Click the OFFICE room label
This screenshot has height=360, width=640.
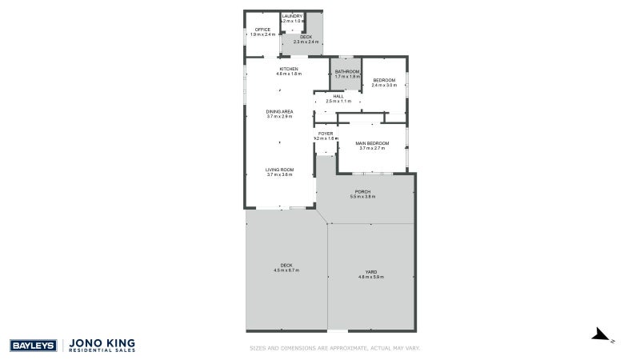[262, 30]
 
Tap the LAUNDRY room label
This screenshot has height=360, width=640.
[291, 16]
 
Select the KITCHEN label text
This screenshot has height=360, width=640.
[289, 69]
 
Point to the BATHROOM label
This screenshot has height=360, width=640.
[346, 72]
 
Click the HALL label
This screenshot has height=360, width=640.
[338, 96]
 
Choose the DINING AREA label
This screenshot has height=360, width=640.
[280, 111]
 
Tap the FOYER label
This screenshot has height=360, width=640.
[326, 134]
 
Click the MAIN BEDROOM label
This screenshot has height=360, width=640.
[373, 143]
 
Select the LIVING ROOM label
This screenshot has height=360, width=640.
[280, 169]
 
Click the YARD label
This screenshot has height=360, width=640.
[370, 272]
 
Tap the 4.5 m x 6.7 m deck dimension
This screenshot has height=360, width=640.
[286, 270]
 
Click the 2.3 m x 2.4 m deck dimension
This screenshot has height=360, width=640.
[306, 42]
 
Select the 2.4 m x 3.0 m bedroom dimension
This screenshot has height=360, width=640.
[384, 85]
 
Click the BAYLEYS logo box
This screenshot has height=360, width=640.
[32, 345]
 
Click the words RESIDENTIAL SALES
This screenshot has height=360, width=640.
[104, 350]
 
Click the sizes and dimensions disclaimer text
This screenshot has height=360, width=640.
[334, 348]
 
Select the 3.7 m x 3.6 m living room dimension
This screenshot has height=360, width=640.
[280, 174]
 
